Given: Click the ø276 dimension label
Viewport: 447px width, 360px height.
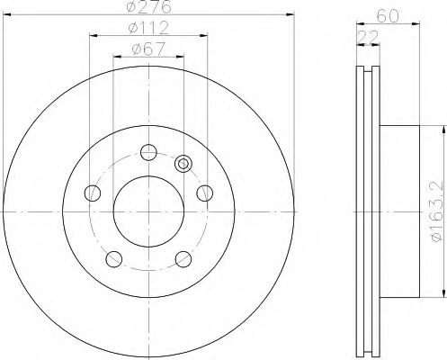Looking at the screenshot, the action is pyautogui.click(x=148, y=6).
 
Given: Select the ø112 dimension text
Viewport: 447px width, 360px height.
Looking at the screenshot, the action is pyautogui.click(x=148, y=28).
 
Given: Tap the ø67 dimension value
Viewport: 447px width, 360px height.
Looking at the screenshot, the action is pyautogui.click(x=148, y=49).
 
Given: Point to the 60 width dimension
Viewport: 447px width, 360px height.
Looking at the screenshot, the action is pyautogui.click(x=388, y=15).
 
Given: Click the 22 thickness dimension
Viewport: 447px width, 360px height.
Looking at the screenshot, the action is pyautogui.click(x=368, y=37).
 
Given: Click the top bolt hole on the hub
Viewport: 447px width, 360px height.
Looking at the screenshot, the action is pyautogui.click(x=148, y=152).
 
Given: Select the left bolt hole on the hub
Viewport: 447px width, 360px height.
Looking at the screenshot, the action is pyautogui.click(x=93, y=193).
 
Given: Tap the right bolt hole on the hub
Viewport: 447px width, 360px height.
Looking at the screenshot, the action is pyautogui.click(x=205, y=193).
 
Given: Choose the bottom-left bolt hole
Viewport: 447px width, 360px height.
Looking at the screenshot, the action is pyautogui.click(x=114, y=259).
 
